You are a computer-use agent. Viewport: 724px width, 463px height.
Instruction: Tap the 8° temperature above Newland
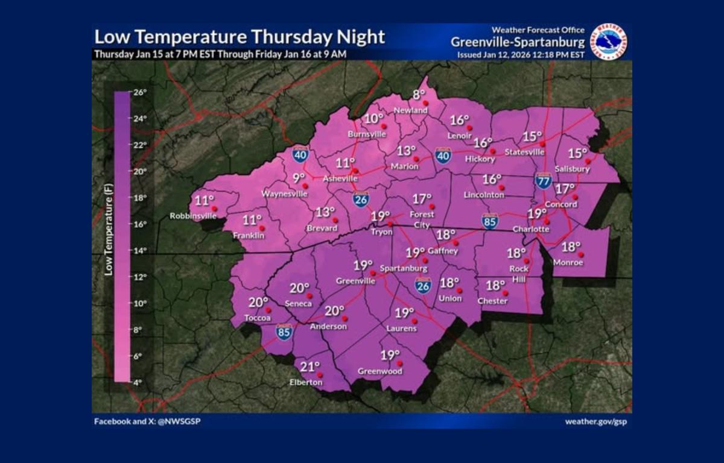pyautogui.click(x=419, y=94)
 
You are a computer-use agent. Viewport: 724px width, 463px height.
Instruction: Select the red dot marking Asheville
pyautogui.click(x=356, y=171)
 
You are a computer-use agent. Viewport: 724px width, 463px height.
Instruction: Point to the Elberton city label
pyautogui.click(x=306, y=382)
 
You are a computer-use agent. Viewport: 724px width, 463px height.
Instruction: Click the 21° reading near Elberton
pyautogui.click(x=310, y=367)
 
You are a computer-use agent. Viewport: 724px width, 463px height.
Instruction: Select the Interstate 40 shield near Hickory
pyautogui.click(x=443, y=156)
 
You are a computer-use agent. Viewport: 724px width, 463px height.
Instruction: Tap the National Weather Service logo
pyautogui.click(x=608, y=42)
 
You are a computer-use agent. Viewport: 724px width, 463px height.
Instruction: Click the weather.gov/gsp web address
pyautogui.click(x=595, y=421)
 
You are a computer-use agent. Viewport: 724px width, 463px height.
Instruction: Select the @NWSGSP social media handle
pyautogui.click(x=179, y=421)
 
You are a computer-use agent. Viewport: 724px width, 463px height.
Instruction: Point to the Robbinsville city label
pyautogui.click(x=192, y=216)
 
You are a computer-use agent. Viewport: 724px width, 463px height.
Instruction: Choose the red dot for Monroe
pyautogui.click(x=581, y=255)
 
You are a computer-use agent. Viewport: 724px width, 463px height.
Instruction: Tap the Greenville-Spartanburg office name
pyautogui.click(x=518, y=42)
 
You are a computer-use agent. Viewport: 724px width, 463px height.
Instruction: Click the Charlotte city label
pyautogui.click(x=531, y=229)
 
